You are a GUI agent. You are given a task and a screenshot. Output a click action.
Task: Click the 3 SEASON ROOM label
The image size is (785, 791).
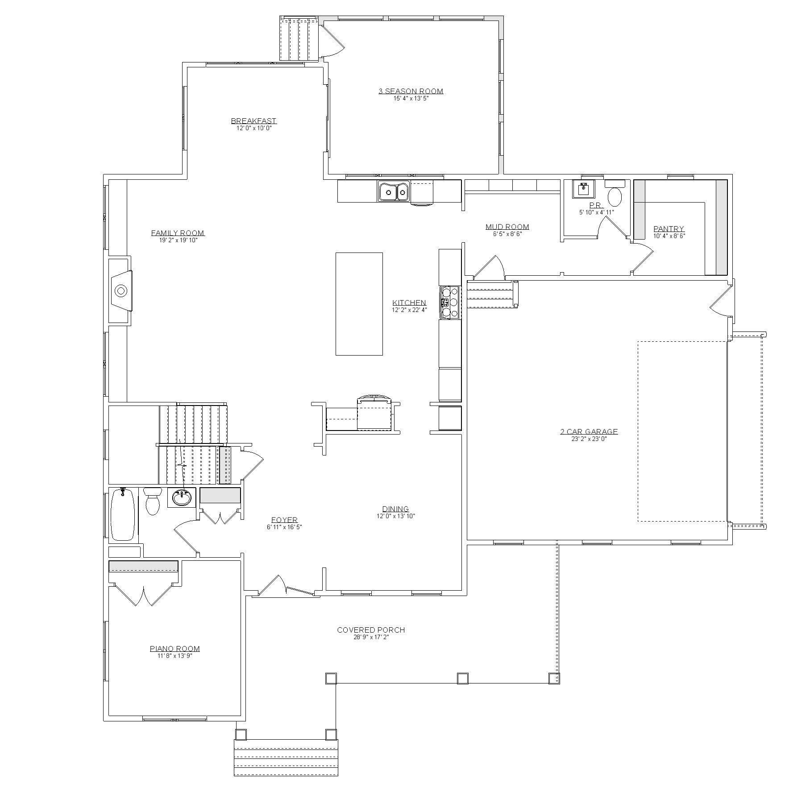411,91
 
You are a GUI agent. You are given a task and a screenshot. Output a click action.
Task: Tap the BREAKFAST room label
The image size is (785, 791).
253,121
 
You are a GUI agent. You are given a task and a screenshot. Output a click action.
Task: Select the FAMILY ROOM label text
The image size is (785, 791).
178,233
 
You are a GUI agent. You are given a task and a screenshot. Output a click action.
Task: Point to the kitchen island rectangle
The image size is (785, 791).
359,304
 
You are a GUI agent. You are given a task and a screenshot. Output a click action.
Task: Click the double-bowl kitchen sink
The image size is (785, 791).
394,192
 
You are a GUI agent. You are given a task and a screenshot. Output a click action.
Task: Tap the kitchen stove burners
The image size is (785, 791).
450,302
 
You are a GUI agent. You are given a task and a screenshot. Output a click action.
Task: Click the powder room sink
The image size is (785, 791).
584,189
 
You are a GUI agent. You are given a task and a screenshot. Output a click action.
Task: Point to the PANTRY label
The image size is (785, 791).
669,229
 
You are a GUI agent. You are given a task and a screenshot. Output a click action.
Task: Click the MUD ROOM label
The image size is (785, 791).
507,227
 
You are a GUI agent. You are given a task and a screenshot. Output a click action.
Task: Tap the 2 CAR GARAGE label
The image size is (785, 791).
589,431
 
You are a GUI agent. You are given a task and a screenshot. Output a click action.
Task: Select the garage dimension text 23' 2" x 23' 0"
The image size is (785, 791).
589,439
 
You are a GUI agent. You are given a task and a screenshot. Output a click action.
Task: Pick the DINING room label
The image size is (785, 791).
395,509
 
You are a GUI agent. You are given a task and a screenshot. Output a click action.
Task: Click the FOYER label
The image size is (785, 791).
284,520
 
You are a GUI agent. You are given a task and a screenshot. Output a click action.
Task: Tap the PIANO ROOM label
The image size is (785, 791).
174,649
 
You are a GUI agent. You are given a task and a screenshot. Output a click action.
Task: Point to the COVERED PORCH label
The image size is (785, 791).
371,630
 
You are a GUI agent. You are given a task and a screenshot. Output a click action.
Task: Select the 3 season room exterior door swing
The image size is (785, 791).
332,40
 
